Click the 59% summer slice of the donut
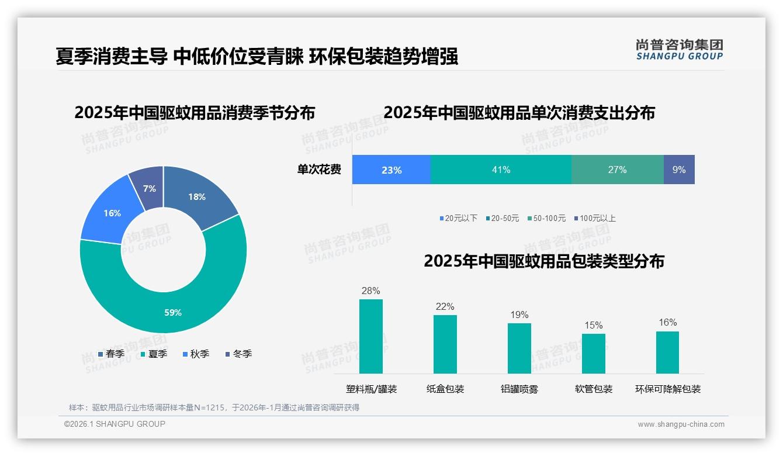click(172, 304)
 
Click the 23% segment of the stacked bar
click(391, 170)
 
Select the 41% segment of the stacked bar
click(501, 170)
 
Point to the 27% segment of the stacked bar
click(617, 170)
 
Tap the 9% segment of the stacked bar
click(679, 170)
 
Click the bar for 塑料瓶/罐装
click(371, 336)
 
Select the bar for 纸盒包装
click(445, 344)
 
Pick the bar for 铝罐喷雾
click(519, 348)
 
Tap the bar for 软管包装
click(594, 353)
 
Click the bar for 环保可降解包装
click(668, 352)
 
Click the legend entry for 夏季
click(154, 354)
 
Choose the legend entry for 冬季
click(238, 354)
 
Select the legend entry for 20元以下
click(459, 218)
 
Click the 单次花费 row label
click(319, 170)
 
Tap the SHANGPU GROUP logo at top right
click(680, 50)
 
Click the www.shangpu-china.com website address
click(681, 424)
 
